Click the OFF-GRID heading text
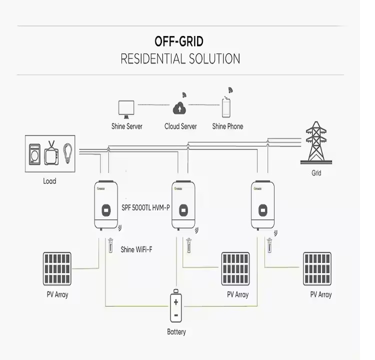(179, 41)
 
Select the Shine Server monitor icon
(126, 107)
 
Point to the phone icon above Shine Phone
(227, 106)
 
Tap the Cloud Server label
(180, 126)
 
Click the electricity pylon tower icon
(315, 143)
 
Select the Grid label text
(316, 173)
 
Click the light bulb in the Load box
(67, 152)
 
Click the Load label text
(49, 181)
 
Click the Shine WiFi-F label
(136, 248)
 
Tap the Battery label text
(176, 332)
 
